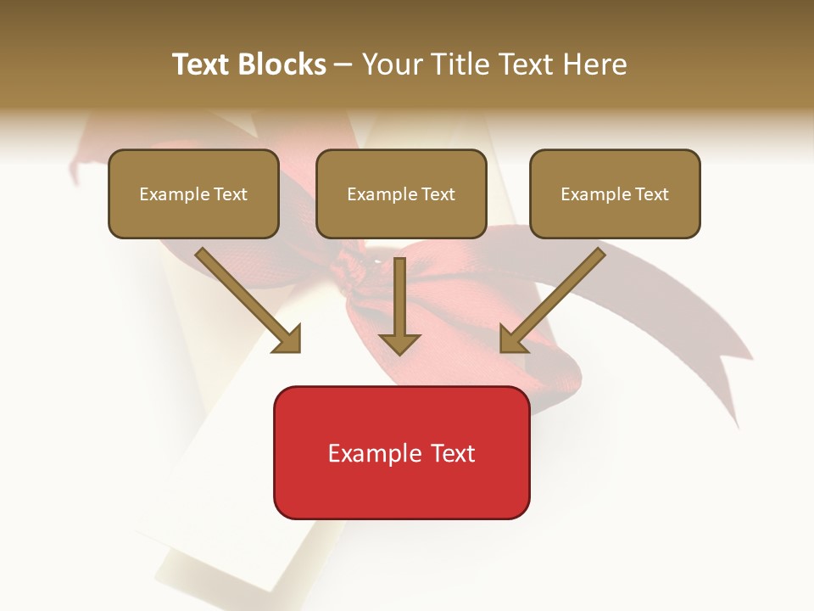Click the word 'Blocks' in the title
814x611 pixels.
coord(282,64)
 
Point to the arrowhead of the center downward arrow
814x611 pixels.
coord(399,343)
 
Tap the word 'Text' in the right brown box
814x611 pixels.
coord(651,194)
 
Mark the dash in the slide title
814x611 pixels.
coord(343,65)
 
